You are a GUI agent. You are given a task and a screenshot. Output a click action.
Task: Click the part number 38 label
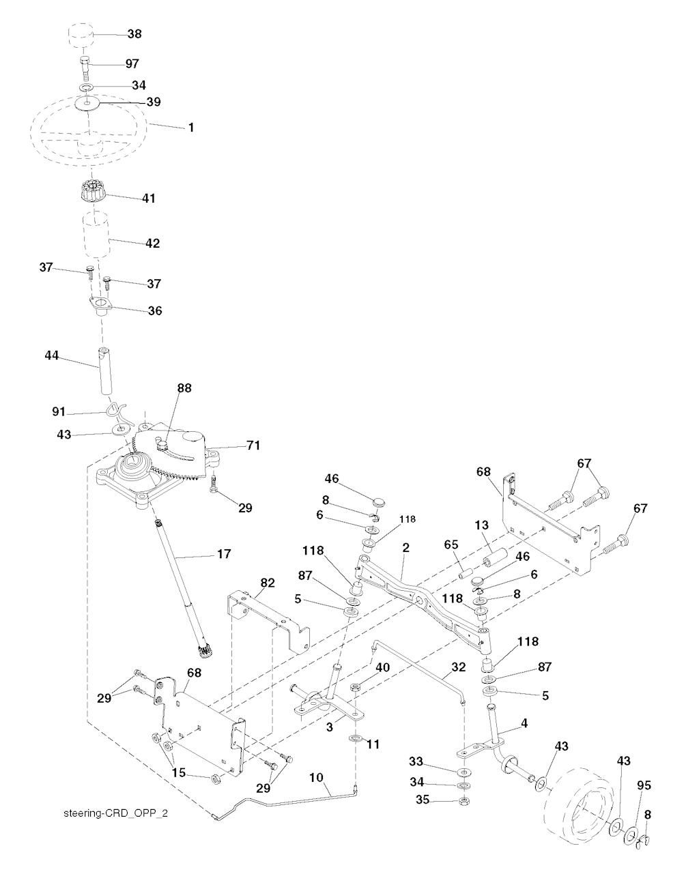[x=134, y=33]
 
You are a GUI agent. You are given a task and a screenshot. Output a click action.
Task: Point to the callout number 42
[x=153, y=244]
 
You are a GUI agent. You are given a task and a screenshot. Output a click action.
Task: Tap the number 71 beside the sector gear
[x=253, y=445]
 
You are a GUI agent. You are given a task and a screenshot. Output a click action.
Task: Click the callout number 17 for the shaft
[x=224, y=553]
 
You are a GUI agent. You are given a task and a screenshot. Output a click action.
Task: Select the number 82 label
[x=268, y=583]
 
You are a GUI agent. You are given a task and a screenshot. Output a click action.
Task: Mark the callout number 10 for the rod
[x=316, y=777]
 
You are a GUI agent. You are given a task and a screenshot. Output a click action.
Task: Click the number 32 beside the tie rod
[x=459, y=667]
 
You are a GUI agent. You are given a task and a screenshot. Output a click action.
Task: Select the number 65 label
[x=451, y=544]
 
